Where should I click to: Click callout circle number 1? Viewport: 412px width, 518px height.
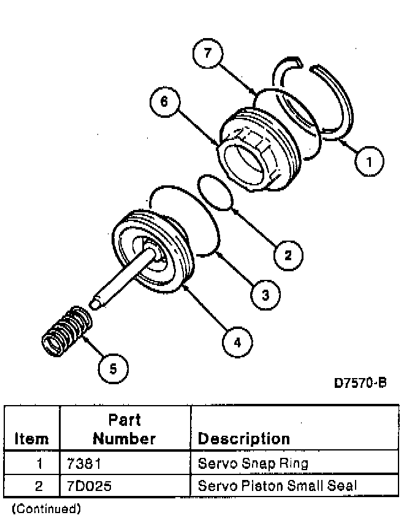369,162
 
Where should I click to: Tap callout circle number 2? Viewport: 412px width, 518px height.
288,253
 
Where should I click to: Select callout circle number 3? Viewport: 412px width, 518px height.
265,295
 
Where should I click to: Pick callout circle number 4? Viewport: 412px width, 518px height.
236,341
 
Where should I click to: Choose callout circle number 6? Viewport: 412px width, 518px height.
164,101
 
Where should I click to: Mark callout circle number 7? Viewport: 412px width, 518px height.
208,54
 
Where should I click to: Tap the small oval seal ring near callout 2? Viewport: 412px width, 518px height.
215,191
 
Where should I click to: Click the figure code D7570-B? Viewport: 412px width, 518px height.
360,383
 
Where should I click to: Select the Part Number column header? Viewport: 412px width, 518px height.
124,429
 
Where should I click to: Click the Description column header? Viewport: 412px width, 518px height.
243,438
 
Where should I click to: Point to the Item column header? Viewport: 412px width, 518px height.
31,438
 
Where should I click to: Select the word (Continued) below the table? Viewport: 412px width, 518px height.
46,508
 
